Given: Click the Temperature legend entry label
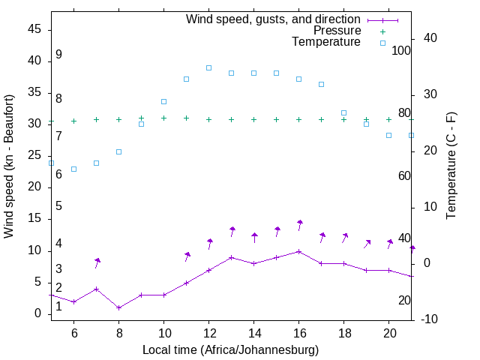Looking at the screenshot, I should (325, 43).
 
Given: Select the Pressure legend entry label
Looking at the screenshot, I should (337, 31).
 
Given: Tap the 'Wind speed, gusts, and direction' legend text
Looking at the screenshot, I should (273, 19).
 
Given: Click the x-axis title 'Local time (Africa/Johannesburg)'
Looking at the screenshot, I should (230, 350).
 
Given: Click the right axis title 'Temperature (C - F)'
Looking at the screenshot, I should (451, 166).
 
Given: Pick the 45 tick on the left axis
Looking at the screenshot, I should (34, 28).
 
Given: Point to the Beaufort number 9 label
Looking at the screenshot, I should (58, 55).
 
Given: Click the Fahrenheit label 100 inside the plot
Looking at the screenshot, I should (401, 51).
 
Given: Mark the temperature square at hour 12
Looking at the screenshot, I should (208, 67).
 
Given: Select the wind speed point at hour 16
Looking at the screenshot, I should (298, 251).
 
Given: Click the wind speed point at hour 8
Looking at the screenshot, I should (118, 307).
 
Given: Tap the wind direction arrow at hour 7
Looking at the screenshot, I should (97, 262).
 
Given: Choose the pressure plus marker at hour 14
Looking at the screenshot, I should (253, 119).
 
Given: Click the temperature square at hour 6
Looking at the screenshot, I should (73, 169).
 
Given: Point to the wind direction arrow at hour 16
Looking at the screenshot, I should (299, 225).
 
